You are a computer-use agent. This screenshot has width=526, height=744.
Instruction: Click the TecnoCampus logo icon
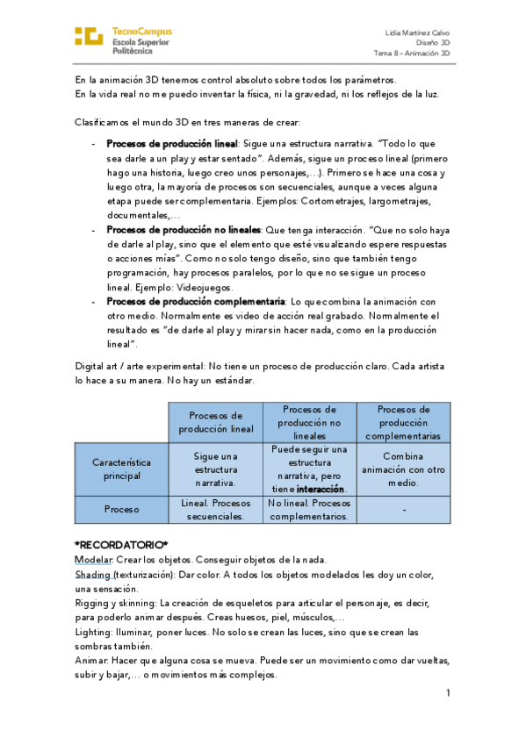point(89,37)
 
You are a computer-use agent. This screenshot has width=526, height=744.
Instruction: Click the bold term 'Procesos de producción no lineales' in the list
point(183,228)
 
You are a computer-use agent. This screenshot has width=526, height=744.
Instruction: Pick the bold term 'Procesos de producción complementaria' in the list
point(196,301)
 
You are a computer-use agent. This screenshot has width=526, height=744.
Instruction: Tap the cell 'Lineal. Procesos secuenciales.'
point(216,510)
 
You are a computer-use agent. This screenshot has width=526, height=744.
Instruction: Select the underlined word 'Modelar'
point(93,560)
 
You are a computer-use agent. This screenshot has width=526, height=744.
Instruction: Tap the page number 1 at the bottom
point(447,693)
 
